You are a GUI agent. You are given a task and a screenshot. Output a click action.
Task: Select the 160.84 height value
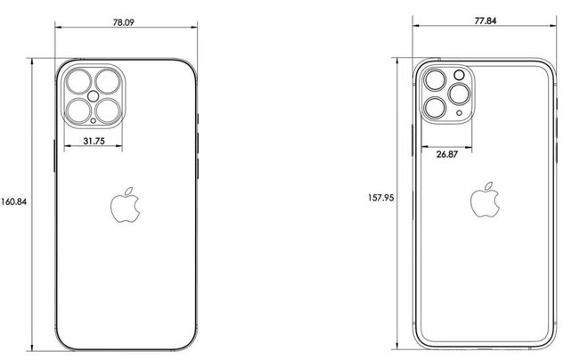click(x=14, y=201)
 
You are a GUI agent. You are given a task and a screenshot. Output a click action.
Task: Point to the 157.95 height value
click(x=381, y=198)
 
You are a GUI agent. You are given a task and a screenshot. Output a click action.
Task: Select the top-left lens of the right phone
click(x=436, y=80)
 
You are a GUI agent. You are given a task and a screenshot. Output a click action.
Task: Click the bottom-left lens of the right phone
click(x=436, y=109)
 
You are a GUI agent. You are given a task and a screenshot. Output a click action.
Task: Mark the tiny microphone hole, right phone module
click(x=459, y=114)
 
